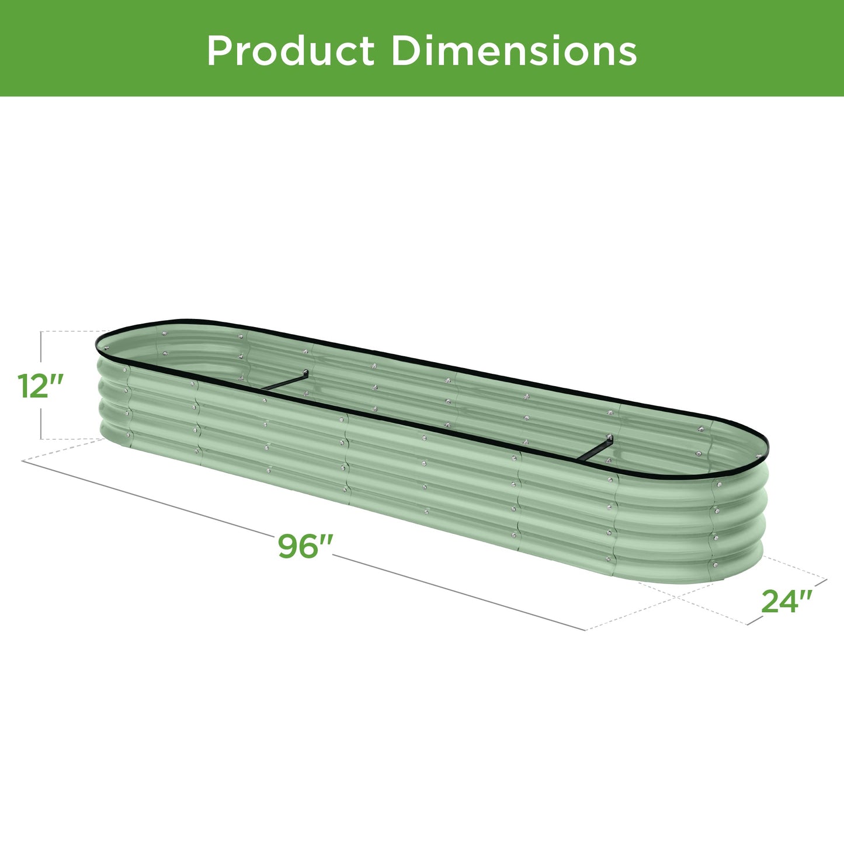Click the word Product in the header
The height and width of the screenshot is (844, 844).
(290, 51)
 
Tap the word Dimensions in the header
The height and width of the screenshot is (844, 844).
(514, 51)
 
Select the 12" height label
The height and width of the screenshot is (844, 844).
(40, 386)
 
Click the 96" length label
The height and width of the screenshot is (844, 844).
(305, 547)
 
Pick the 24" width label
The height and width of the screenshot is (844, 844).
(787, 602)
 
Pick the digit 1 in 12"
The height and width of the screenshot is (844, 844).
(23, 386)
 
